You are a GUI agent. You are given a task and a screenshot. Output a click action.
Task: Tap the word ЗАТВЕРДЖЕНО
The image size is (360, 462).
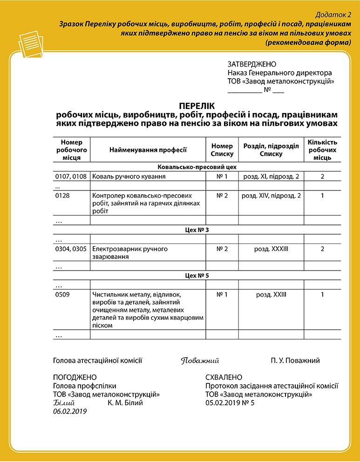[251, 64]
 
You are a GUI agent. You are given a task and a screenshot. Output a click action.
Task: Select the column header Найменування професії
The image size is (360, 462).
[148, 149]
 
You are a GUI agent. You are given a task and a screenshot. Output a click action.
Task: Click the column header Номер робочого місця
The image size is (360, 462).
[71, 149]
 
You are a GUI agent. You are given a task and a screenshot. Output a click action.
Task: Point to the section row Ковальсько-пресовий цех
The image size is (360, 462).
[197, 167]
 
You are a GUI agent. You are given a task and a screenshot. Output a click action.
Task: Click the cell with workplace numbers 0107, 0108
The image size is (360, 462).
[71, 177]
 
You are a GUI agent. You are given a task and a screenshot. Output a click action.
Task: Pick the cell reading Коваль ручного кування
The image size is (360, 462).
[129, 177]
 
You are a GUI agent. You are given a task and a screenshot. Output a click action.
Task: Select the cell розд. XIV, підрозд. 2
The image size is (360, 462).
[271, 196]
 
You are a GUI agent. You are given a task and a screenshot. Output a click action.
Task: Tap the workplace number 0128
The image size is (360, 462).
[62, 196]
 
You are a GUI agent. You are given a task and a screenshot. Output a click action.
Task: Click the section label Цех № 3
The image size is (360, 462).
[197, 230]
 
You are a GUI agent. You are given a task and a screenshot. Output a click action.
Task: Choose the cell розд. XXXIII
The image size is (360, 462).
[271, 249]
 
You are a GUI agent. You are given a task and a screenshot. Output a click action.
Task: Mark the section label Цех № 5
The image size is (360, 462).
[197, 276]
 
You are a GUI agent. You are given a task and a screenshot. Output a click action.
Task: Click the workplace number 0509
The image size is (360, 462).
[62, 294]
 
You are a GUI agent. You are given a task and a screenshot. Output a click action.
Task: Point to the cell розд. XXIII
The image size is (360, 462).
[271, 294]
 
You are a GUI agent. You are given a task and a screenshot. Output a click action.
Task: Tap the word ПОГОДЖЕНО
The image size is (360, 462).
[75, 377]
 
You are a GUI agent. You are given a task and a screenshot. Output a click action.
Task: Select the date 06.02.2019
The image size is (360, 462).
[70, 411]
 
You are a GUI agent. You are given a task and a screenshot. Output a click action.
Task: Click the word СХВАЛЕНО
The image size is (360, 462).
[224, 377]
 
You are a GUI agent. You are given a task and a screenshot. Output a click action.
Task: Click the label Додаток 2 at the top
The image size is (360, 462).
[335, 14]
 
